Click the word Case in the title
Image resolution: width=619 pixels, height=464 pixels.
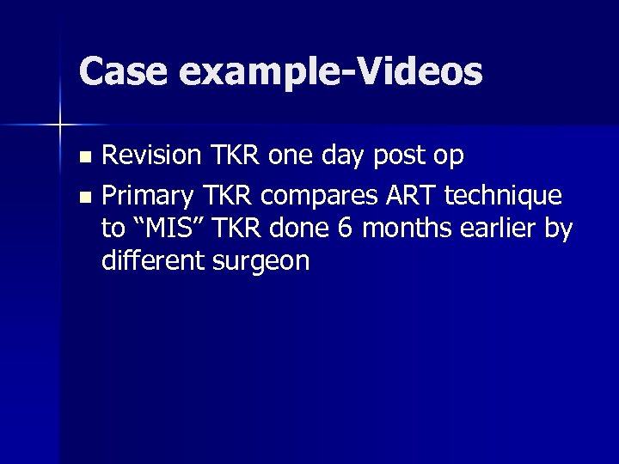click(121, 72)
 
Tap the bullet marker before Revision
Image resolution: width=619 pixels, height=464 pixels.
click(83, 157)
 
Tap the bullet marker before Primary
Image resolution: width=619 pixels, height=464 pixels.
click(83, 197)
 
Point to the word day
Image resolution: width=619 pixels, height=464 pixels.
click(346, 157)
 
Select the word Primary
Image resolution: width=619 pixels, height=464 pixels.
click(148, 197)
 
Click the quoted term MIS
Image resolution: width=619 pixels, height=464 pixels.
click(169, 229)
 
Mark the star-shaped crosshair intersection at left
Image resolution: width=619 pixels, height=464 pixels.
click(59, 125)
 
